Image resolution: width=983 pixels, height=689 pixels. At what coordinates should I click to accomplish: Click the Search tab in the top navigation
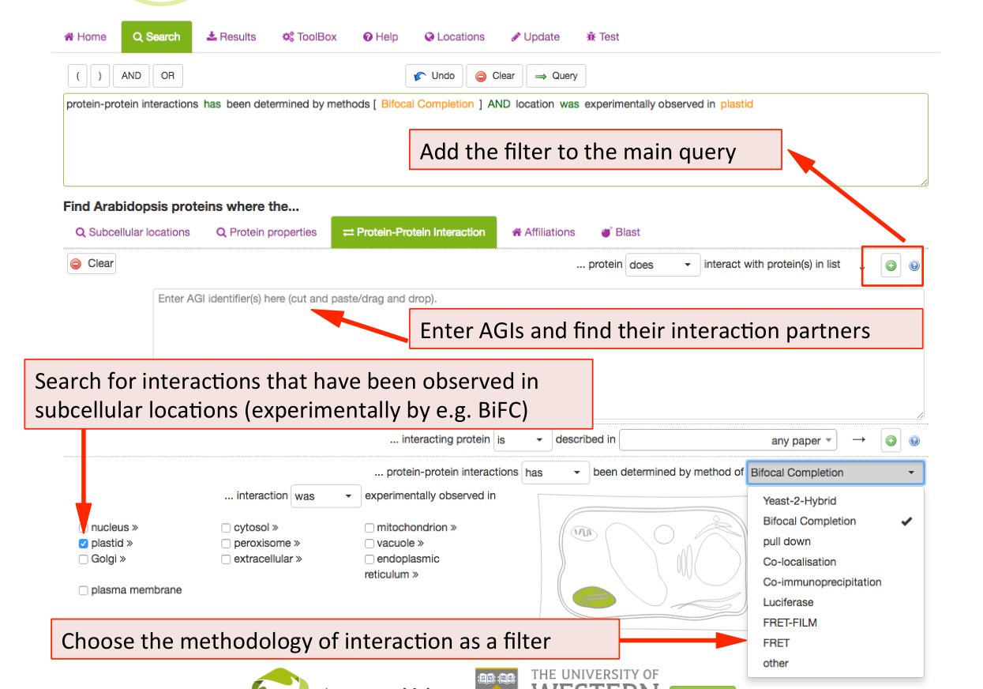pos(156,37)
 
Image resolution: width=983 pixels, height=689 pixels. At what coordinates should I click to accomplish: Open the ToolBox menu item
pos(310,37)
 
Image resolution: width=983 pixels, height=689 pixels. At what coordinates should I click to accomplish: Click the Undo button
pos(434,76)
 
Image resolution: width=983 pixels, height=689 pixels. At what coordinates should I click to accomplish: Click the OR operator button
pos(167,76)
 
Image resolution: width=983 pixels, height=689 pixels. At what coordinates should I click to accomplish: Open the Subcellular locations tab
pos(133,232)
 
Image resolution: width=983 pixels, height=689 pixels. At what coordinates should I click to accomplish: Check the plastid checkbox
pos(84,544)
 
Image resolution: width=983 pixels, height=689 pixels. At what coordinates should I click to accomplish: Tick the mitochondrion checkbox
pos(370,528)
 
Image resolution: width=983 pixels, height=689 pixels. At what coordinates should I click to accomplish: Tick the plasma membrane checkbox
pos(84,590)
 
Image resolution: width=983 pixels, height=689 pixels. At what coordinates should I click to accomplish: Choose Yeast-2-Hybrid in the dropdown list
pos(799,501)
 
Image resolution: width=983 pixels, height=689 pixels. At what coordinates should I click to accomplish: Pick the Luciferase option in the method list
pos(788,602)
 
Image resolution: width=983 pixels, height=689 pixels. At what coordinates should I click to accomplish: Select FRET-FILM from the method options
pos(790,623)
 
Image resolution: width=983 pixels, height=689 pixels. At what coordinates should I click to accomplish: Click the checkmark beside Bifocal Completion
pos(906,521)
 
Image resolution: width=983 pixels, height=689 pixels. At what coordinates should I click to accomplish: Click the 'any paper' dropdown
pos(728,441)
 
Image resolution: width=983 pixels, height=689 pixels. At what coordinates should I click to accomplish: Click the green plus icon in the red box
pos(891,266)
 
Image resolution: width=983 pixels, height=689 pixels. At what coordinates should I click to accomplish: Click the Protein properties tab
pos(266,232)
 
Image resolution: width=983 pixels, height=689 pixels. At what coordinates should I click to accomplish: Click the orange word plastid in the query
pos(737,104)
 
